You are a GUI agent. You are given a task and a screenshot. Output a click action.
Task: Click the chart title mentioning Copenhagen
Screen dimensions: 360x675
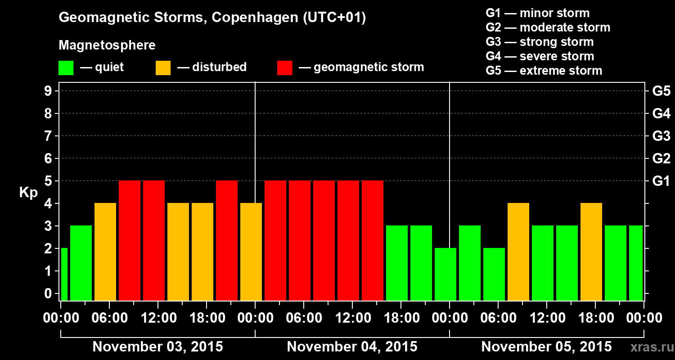click(x=212, y=18)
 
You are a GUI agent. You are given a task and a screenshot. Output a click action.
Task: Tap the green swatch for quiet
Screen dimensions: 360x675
click(x=66, y=68)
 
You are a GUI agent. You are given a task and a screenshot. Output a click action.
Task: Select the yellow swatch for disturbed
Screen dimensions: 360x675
click(x=163, y=68)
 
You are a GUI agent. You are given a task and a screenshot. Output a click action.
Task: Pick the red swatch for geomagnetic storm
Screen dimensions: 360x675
click(x=284, y=68)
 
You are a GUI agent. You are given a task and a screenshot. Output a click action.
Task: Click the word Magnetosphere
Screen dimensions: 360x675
click(x=107, y=45)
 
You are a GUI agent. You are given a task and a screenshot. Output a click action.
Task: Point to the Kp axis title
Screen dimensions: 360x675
click(x=28, y=193)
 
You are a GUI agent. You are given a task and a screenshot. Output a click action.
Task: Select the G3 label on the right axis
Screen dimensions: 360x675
click(x=661, y=136)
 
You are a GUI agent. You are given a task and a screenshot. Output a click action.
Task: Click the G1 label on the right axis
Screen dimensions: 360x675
click(x=661, y=181)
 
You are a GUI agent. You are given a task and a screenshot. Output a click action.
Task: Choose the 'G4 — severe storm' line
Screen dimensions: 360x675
click(x=540, y=56)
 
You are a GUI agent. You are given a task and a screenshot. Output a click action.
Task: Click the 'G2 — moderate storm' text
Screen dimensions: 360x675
click(x=548, y=27)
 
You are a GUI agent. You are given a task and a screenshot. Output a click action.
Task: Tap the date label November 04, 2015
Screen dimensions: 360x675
click(x=352, y=347)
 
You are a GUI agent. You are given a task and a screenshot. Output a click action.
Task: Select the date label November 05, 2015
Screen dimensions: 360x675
click(x=546, y=347)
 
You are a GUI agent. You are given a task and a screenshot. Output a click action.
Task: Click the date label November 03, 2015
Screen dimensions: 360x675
click(x=157, y=347)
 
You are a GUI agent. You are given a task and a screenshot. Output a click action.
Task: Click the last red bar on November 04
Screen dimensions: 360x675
click(x=373, y=240)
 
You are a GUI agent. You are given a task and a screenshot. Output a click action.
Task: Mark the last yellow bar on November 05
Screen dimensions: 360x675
click(x=591, y=252)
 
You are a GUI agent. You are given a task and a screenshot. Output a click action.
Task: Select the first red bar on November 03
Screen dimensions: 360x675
click(x=130, y=240)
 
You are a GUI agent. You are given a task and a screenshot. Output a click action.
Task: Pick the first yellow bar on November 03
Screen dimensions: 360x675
click(x=105, y=252)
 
